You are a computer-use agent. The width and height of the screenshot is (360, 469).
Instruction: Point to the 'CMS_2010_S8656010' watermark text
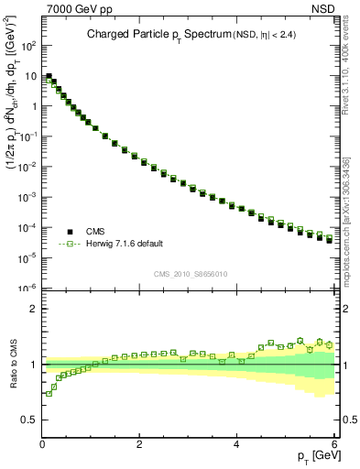(x=191, y=274)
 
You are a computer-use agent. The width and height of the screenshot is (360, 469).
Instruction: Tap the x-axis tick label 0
(x=42, y=445)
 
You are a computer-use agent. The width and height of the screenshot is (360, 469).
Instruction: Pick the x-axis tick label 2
(x=139, y=445)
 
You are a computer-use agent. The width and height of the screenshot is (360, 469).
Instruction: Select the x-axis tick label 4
(x=237, y=445)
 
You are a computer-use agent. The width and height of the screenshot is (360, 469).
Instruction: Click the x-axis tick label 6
(x=334, y=445)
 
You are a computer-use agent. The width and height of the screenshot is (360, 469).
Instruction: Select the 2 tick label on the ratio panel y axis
(x=33, y=309)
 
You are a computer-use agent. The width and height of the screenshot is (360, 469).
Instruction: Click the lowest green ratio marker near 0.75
(x=49, y=394)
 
